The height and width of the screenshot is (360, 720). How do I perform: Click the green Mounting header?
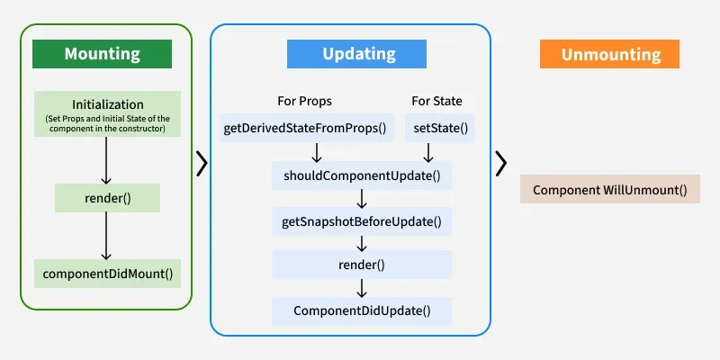pyautogui.click(x=102, y=54)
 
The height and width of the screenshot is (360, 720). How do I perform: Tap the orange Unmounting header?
pyautogui.click(x=610, y=54)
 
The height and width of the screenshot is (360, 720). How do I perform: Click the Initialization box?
pyautogui.click(x=107, y=113)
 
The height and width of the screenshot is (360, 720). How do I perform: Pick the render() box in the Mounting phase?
pyautogui.click(x=107, y=198)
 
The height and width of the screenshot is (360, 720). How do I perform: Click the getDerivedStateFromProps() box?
pyautogui.click(x=304, y=128)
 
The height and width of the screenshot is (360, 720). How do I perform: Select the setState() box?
pyautogui.click(x=440, y=128)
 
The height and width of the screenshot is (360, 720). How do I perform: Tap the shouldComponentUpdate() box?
pyautogui.click(x=361, y=175)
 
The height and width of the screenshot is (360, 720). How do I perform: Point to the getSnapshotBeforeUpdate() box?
pyautogui.click(x=361, y=220)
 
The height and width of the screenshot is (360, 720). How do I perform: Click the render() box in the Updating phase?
pyautogui.click(x=361, y=265)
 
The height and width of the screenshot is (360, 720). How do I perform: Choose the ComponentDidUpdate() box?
pyautogui.click(x=361, y=311)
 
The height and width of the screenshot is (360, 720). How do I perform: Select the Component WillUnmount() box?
pyautogui.click(x=609, y=190)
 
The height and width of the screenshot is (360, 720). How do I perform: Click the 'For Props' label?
pyautogui.click(x=304, y=101)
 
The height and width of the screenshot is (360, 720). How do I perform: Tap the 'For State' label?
pyautogui.click(x=436, y=101)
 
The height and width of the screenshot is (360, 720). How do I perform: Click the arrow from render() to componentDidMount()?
pyautogui.click(x=107, y=236)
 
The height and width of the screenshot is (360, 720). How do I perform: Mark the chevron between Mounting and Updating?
pyautogui.click(x=202, y=163)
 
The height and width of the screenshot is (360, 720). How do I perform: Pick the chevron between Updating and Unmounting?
pyautogui.click(x=501, y=163)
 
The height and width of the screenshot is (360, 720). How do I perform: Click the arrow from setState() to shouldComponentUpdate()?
pyautogui.click(x=428, y=151)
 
